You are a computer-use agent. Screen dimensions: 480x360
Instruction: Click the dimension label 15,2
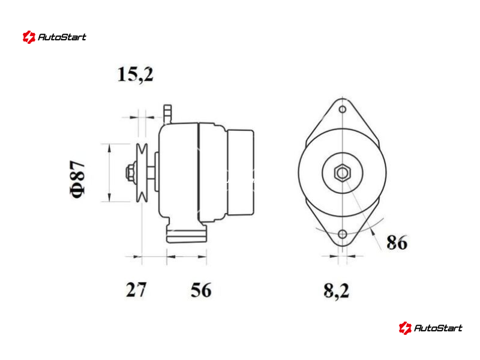(x=135, y=74)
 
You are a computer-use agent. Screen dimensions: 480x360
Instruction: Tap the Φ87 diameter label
(x=77, y=179)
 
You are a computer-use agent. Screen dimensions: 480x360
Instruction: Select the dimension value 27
(x=136, y=290)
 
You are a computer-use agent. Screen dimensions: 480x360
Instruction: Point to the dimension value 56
(x=201, y=290)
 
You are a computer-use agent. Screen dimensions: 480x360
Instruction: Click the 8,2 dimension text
(x=336, y=291)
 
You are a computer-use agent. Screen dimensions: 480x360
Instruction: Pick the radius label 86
(x=397, y=242)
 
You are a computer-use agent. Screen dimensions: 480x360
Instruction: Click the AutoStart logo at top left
(x=54, y=37)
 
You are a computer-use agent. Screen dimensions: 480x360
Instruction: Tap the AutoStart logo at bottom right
(x=430, y=328)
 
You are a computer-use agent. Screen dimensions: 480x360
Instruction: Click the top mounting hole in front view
(x=343, y=109)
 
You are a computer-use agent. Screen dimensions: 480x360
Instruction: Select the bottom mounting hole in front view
(x=343, y=235)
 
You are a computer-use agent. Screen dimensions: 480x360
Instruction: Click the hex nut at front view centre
(x=342, y=173)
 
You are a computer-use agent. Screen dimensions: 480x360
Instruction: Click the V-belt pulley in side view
(x=142, y=173)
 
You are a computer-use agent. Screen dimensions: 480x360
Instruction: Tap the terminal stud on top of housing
(x=167, y=114)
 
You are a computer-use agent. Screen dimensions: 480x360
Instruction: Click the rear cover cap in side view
(x=241, y=172)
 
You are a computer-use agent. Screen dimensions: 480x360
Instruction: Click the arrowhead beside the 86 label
(x=372, y=232)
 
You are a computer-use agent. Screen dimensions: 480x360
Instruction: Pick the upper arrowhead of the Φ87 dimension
(x=109, y=148)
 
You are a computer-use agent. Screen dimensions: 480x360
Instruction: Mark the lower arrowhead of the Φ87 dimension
(x=109, y=197)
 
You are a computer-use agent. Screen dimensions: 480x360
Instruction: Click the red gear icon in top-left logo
(x=29, y=37)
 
